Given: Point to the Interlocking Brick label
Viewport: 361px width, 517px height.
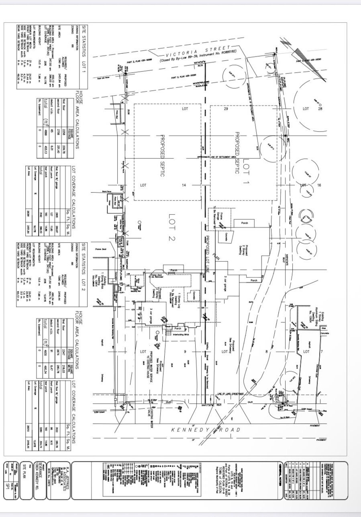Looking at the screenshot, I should (179, 333).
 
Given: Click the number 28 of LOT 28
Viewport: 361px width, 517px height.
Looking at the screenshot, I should (320, 109).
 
